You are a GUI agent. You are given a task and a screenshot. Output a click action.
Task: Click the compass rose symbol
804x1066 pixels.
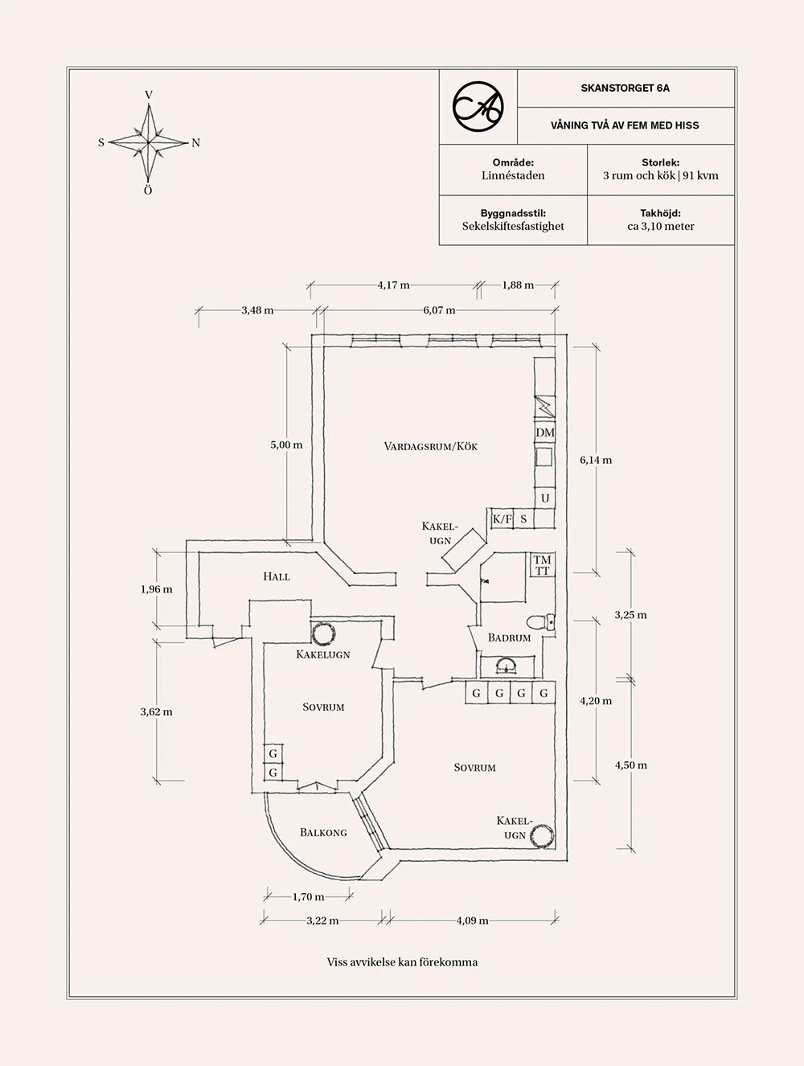tap(149, 143)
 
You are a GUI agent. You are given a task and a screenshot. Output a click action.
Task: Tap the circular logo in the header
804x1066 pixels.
tap(478, 106)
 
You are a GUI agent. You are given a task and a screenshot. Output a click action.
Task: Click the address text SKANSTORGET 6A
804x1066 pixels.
tap(625, 88)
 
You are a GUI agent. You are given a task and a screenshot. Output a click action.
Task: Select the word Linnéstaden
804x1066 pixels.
tap(513, 175)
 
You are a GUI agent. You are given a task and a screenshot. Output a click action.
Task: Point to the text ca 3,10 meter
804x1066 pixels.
tap(660, 226)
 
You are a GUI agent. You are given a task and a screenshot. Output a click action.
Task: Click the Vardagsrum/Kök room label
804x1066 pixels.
tap(430, 446)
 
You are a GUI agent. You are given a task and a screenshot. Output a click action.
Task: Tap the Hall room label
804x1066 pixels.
tap(276, 576)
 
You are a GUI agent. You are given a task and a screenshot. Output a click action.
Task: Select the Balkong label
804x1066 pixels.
tap(323, 832)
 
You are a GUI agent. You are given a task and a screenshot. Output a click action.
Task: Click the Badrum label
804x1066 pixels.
tap(509, 638)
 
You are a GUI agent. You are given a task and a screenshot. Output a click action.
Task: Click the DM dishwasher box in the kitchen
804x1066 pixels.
tap(545, 433)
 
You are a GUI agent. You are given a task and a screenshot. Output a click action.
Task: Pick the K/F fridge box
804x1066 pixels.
tap(503, 519)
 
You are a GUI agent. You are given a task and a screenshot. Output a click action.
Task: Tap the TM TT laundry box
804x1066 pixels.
tap(543, 565)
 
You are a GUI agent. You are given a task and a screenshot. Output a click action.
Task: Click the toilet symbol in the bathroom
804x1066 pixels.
tap(540, 621)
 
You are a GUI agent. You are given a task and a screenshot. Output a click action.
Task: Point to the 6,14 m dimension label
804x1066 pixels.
tap(596, 461)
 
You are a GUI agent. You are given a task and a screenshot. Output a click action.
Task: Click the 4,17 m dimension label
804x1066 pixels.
tap(393, 285)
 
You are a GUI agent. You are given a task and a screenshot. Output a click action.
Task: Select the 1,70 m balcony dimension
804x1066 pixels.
tap(308, 896)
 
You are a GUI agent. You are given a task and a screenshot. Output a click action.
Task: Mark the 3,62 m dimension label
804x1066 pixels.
tap(156, 711)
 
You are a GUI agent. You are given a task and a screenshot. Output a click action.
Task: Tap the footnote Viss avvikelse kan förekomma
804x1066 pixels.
tap(402, 961)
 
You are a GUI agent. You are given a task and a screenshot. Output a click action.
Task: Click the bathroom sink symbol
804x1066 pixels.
tap(507, 664)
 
